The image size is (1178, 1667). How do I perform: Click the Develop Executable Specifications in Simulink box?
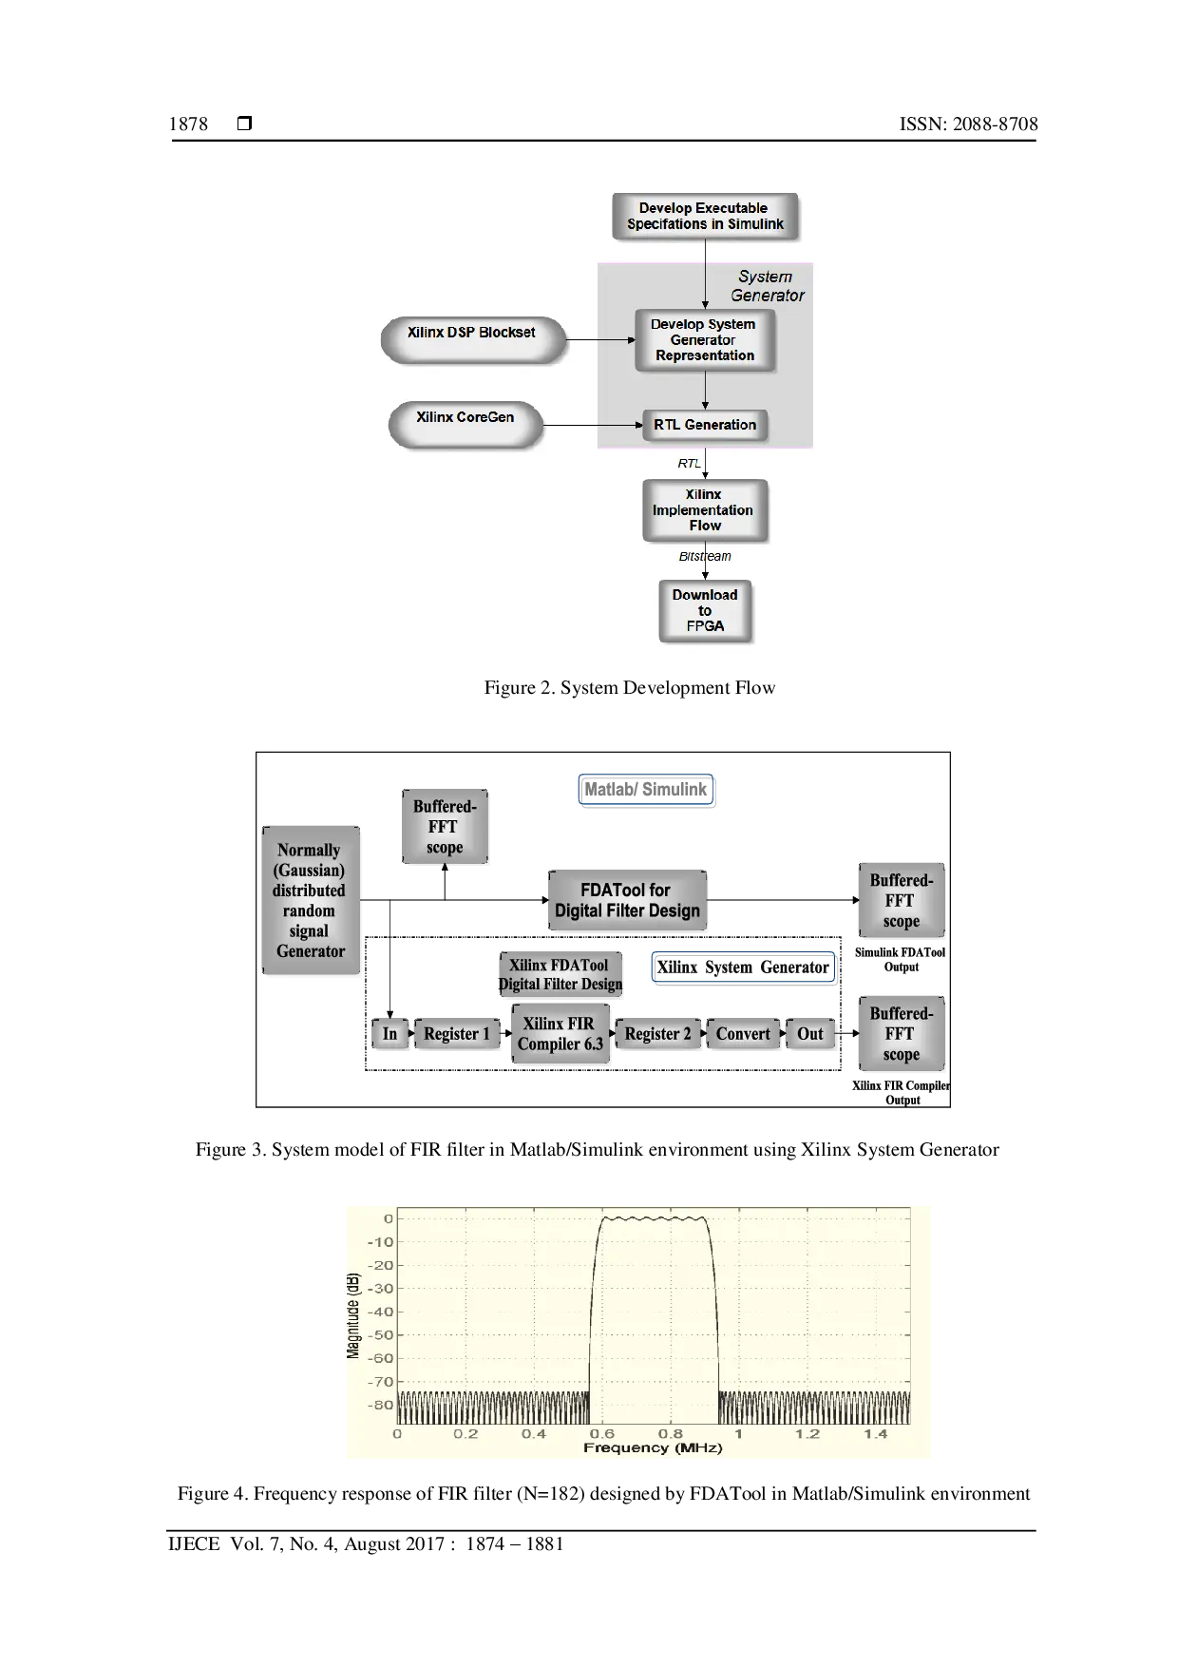tap(705, 217)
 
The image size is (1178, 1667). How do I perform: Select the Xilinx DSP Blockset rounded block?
tap(472, 339)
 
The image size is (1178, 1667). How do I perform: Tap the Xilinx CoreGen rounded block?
tap(465, 424)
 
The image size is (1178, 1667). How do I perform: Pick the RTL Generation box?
tap(705, 425)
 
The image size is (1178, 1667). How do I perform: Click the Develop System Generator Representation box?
tap(704, 340)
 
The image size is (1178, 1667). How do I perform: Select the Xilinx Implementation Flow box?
tap(705, 510)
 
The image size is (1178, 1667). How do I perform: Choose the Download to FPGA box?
tap(705, 611)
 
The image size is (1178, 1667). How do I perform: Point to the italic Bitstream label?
tap(705, 557)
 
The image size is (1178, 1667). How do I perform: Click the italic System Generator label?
tap(767, 286)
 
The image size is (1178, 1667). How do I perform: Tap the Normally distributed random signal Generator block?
tap(311, 900)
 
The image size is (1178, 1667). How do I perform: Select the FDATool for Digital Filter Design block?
tap(628, 900)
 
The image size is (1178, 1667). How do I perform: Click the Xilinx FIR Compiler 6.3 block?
tap(560, 1034)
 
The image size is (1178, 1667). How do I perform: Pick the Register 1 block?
tap(457, 1034)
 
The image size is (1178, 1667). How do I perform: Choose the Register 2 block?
tap(657, 1034)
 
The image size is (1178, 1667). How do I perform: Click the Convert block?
tap(743, 1034)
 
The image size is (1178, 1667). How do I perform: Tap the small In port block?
tap(389, 1034)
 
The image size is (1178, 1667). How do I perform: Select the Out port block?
tap(810, 1034)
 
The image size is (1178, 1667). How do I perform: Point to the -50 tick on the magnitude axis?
tap(381, 1335)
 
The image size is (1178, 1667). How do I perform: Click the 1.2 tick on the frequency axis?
tap(807, 1434)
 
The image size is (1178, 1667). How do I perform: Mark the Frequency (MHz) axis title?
tap(653, 1448)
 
